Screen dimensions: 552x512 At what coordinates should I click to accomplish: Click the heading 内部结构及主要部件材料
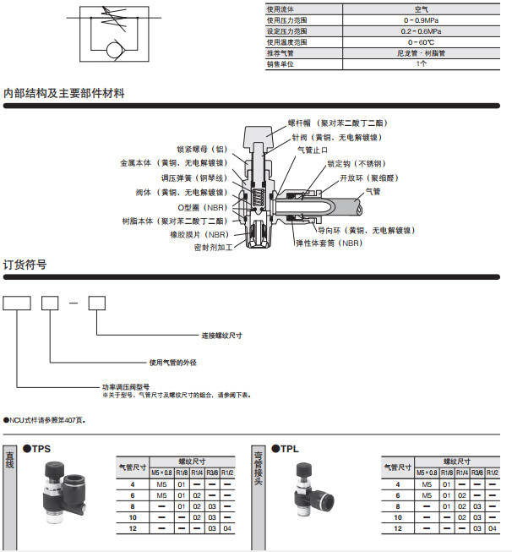coord(64,93)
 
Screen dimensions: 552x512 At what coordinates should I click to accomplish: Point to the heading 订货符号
coord(25,265)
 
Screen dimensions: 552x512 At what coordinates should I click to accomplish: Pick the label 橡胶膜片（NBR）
coord(199,234)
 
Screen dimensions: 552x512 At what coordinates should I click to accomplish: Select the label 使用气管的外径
coord(173,362)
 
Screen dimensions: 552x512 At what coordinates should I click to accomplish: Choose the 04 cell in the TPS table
coord(226,528)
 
